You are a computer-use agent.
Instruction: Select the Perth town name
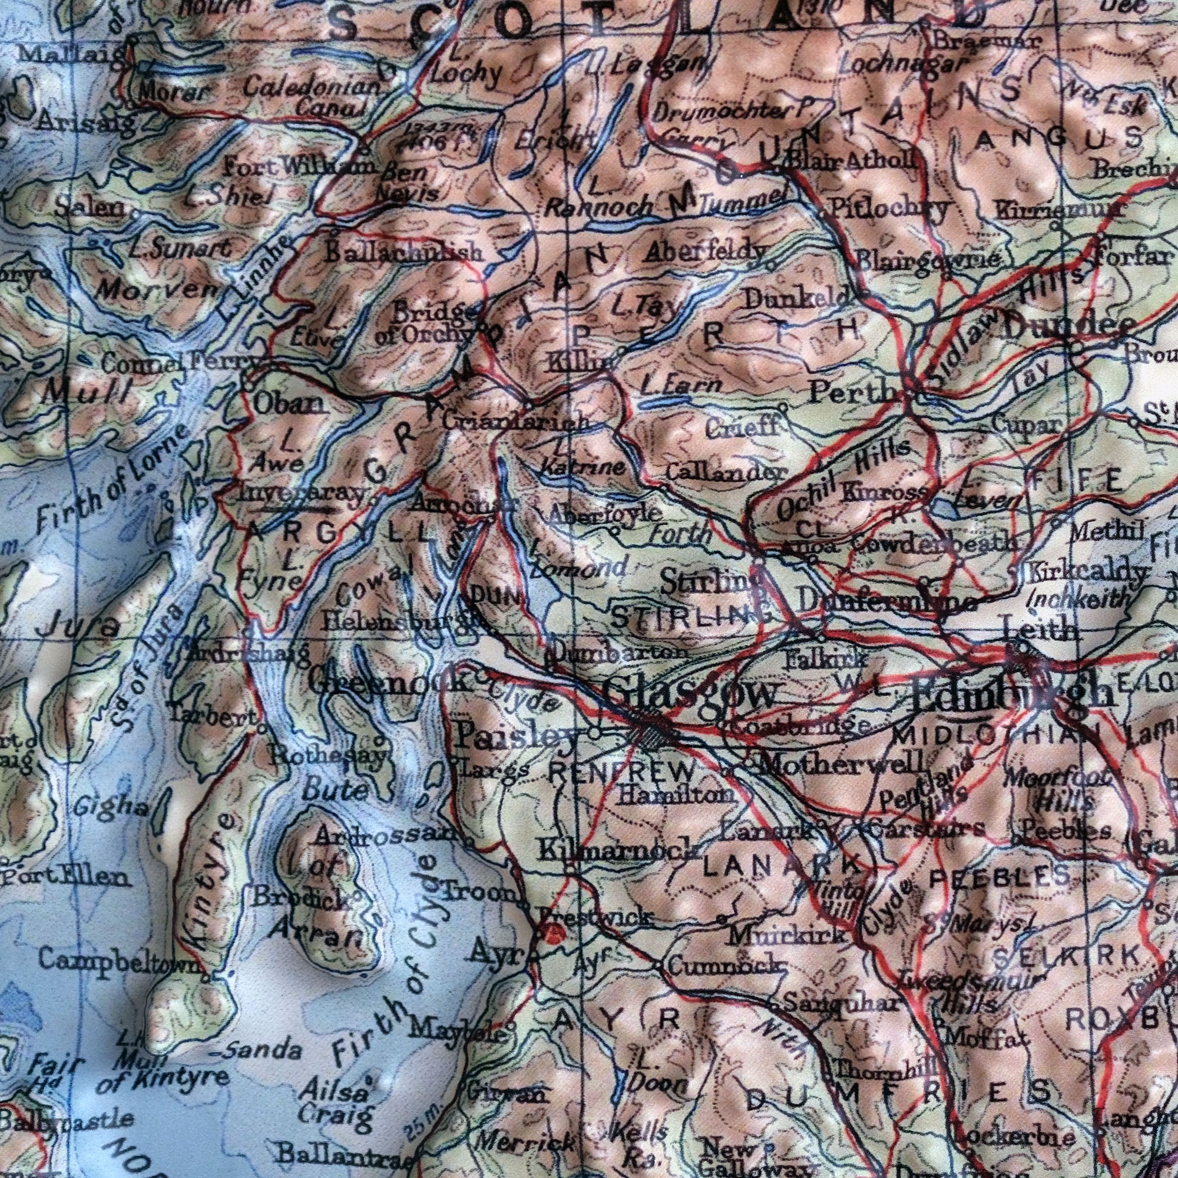852,393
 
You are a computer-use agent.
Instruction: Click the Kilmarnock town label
616,850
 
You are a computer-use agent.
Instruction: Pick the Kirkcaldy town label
1086,573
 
